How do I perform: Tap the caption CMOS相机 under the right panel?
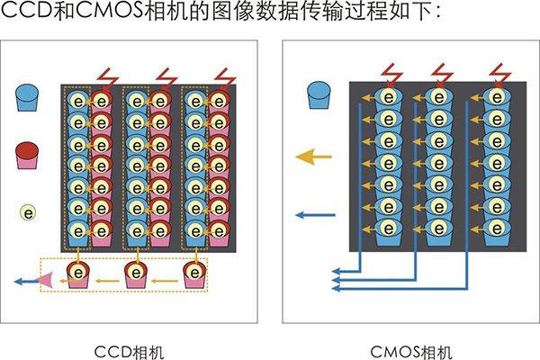[x=410, y=347]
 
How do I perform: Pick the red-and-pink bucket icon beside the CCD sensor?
[x=30, y=156]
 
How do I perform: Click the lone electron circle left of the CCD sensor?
[x=30, y=213]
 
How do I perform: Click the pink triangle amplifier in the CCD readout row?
[x=45, y=282]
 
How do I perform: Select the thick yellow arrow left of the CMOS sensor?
[x=314, y=157]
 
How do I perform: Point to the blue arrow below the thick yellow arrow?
[x=315, y=214]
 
